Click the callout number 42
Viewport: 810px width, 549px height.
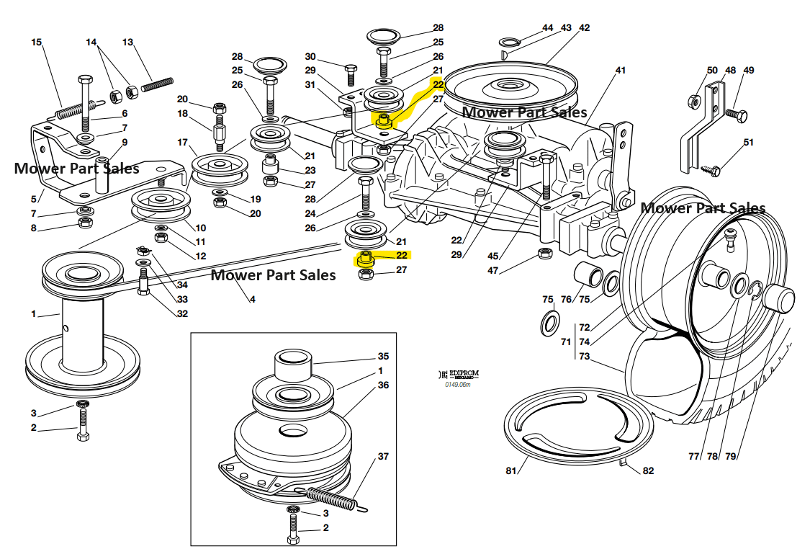point(584,28)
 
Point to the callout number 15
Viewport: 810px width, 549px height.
point(37,43)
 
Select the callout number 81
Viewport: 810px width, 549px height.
point(511,471)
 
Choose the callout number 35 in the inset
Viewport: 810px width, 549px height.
point(383,356)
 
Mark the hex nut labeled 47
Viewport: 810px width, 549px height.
point(545,254)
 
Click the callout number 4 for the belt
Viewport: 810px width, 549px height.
point(253,299)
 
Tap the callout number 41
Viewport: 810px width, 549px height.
point(621,71)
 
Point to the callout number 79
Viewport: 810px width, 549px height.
point(731,456)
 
